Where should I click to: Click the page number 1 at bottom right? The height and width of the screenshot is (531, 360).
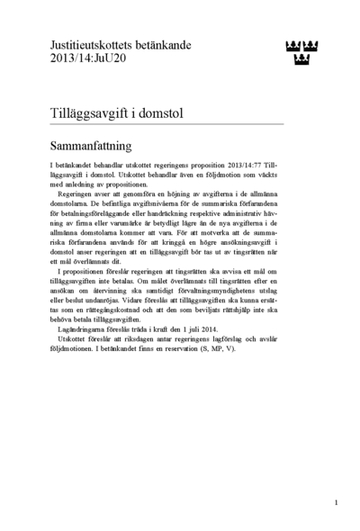(x=335, y=500)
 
